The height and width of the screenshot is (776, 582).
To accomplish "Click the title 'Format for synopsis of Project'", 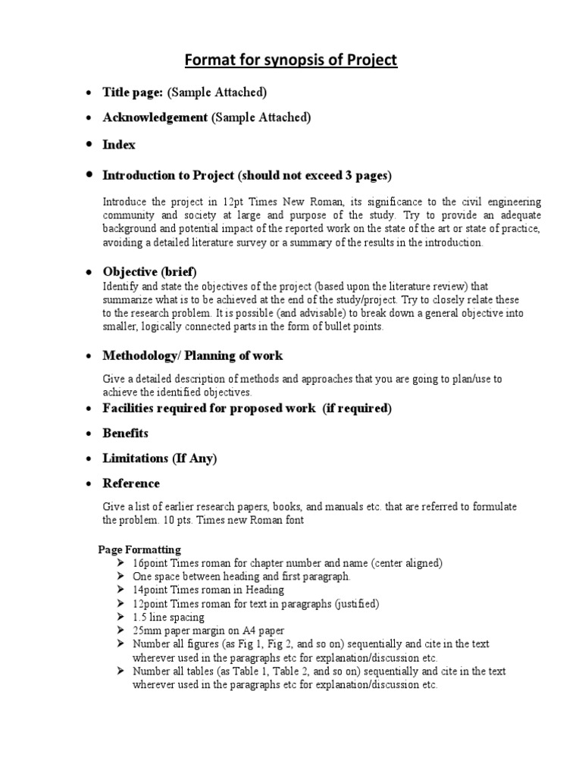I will click(292, 60).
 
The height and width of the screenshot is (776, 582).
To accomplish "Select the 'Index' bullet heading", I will click(119, 144).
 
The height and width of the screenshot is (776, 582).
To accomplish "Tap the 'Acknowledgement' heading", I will click(155, 117).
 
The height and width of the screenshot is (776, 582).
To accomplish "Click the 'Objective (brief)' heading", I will click(149, 272).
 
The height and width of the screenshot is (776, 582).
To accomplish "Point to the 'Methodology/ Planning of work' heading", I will click(192, 355).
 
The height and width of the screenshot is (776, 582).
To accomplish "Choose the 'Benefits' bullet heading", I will click(125, 433).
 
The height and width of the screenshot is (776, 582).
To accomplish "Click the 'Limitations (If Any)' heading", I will click(159, 458).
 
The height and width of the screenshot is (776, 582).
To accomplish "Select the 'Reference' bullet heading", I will click(131, 483).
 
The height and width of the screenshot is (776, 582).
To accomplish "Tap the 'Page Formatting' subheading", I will click(140, 549).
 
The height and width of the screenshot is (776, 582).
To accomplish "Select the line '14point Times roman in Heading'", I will click(208, 590).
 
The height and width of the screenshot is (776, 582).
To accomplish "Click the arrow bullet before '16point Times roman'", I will click(123, 562).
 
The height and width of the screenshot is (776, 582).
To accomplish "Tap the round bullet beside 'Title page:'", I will click(88, 92).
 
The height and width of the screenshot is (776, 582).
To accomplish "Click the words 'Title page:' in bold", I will click(133, 92).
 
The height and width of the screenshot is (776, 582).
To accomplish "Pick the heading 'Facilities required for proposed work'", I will click(210, 408).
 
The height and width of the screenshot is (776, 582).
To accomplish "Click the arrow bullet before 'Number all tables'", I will click(123, 671).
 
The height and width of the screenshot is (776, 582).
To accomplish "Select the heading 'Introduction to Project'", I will click(169, 176).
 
